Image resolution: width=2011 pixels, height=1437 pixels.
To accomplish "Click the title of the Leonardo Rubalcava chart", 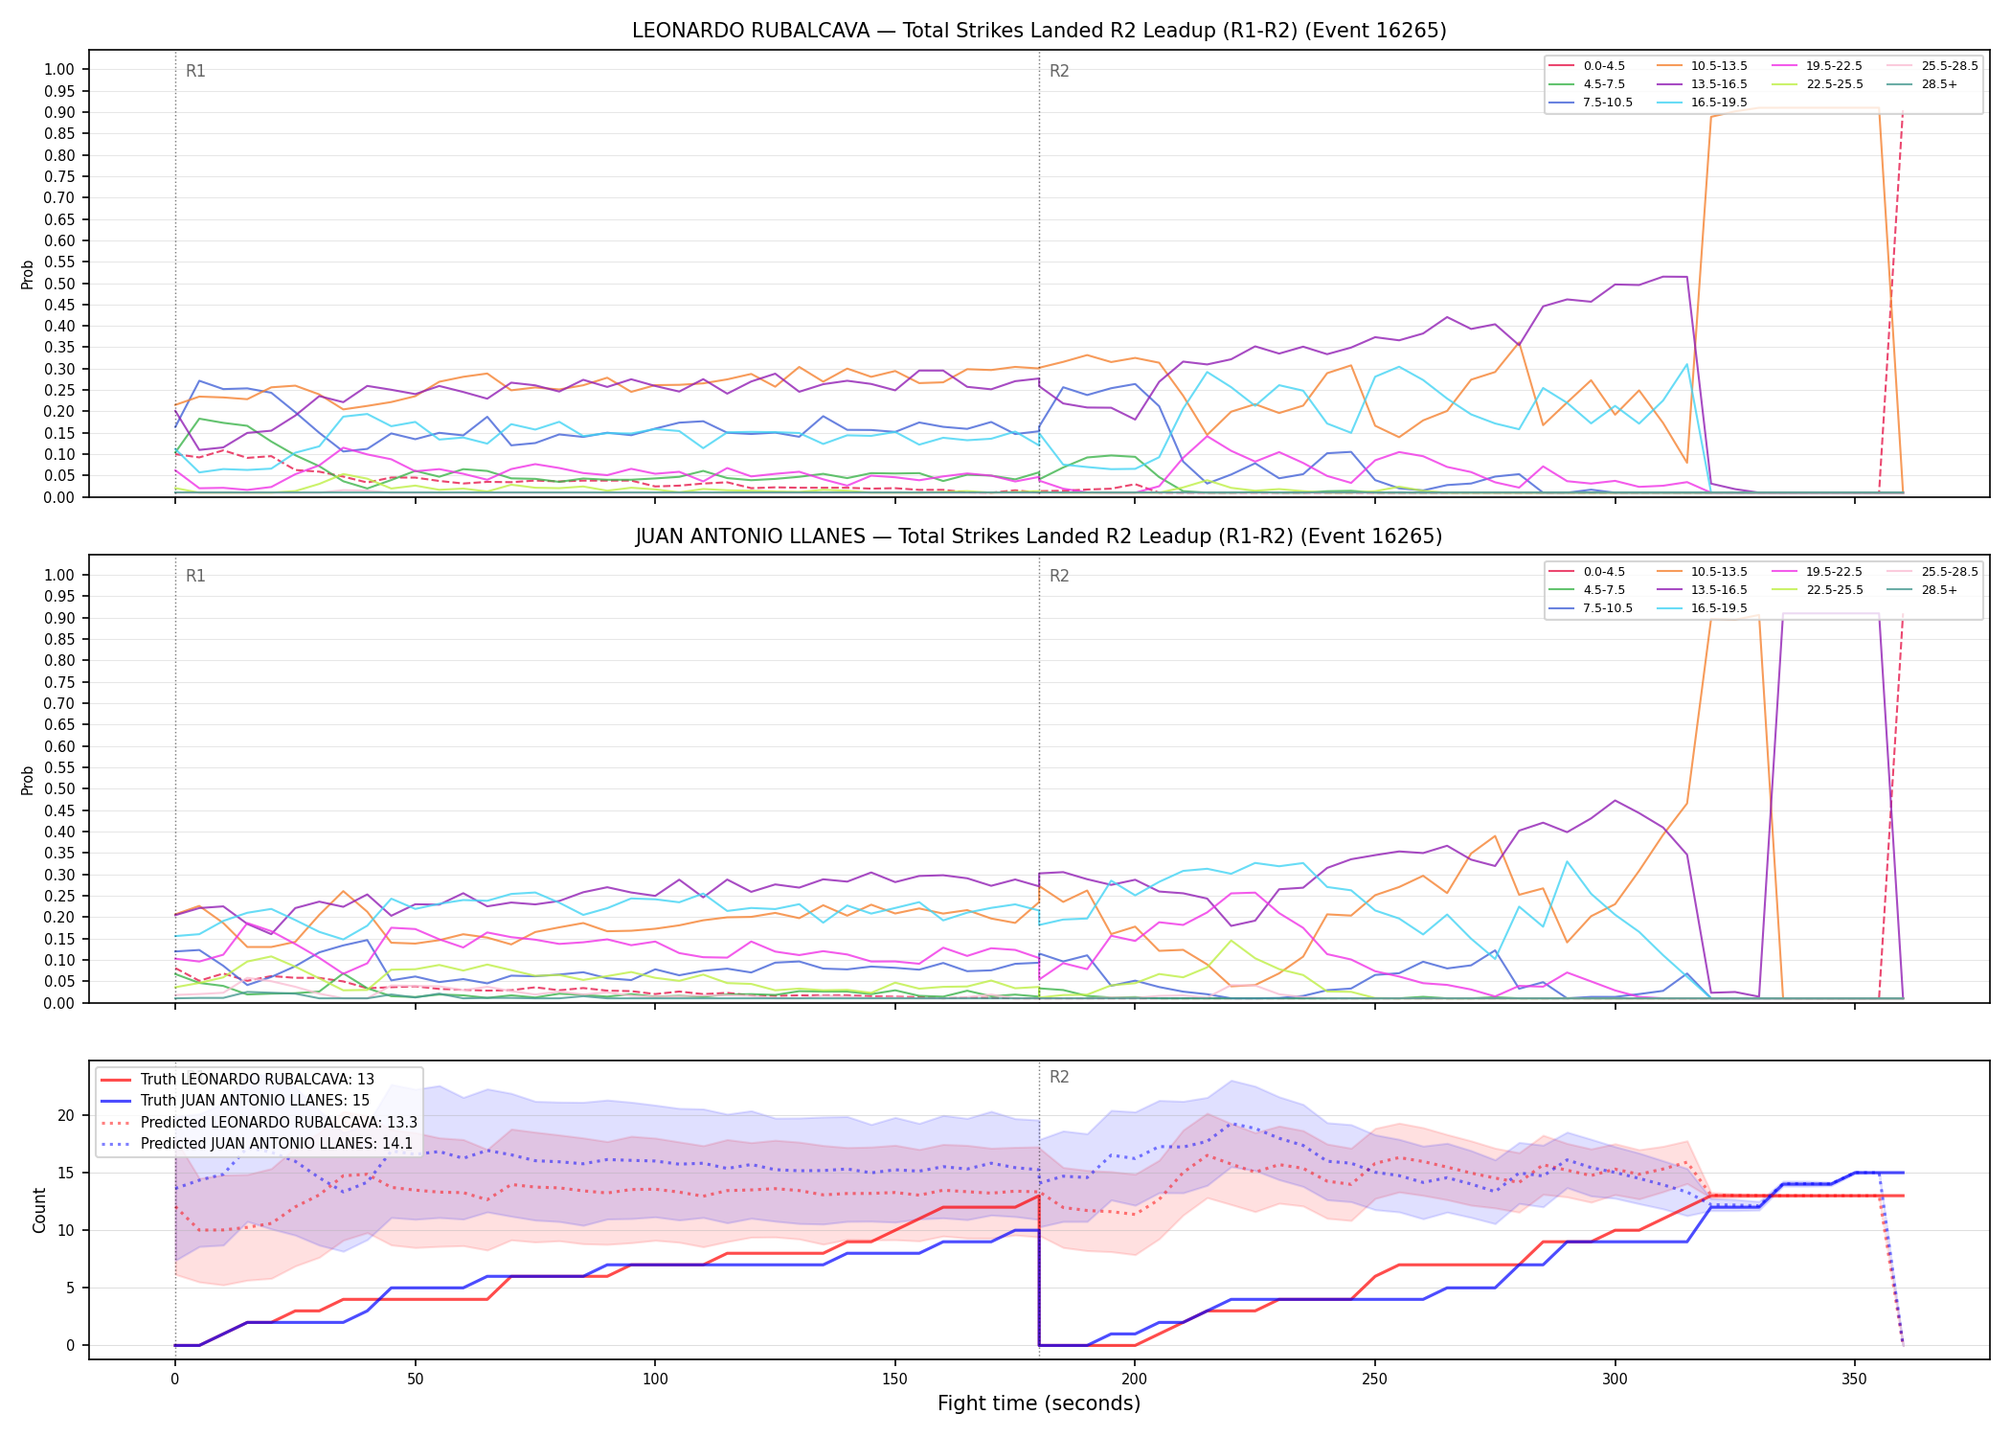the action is pos(1039,31).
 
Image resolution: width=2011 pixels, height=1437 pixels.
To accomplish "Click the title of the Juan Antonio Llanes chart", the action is pos(1039,536).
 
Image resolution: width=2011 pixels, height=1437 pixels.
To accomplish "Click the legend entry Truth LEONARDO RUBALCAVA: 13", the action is pos(237,1080).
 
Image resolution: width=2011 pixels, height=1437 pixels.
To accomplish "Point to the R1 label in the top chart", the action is pos(195,71).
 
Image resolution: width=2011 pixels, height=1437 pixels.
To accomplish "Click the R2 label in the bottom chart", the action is pos(1059,1077).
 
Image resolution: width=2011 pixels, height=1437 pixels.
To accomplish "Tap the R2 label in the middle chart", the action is pos(1059,576).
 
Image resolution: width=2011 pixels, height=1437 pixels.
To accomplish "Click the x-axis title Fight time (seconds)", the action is pos(1039,1403).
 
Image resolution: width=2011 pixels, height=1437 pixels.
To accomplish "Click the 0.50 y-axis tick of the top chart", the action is pos(59,284).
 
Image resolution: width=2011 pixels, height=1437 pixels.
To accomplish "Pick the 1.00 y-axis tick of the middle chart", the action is pos(59,575).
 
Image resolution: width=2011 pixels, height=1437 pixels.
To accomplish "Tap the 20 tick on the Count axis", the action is pos(66,1115).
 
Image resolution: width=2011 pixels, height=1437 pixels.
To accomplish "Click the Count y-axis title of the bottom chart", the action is pos(39,1210).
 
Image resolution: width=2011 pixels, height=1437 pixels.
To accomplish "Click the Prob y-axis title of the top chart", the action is pos(28,274).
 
